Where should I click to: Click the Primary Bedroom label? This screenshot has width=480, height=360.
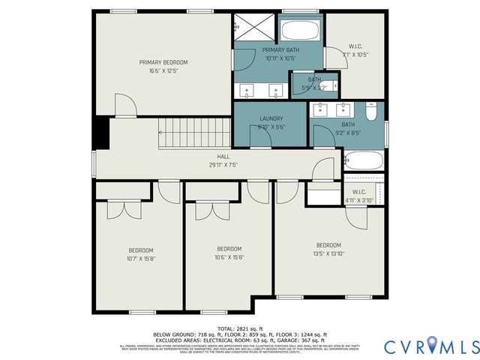click(163, 62)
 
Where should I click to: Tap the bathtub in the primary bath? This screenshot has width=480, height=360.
click(300, 31)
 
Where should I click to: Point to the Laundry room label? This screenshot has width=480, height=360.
click(271, 118)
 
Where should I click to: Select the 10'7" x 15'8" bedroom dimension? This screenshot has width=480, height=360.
click(140, 259)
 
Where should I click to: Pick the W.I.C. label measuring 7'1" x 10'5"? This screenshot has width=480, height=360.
click(355, 55)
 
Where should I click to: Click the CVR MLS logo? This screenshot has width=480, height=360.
click(431, 346)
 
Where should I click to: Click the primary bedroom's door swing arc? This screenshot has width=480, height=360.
click(124, 104)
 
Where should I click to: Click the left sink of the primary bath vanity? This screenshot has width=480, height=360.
click(247, 91)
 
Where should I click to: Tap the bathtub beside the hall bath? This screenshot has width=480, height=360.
click(363, 160)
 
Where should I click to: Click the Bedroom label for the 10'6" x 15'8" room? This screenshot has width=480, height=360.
click(229, 249)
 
